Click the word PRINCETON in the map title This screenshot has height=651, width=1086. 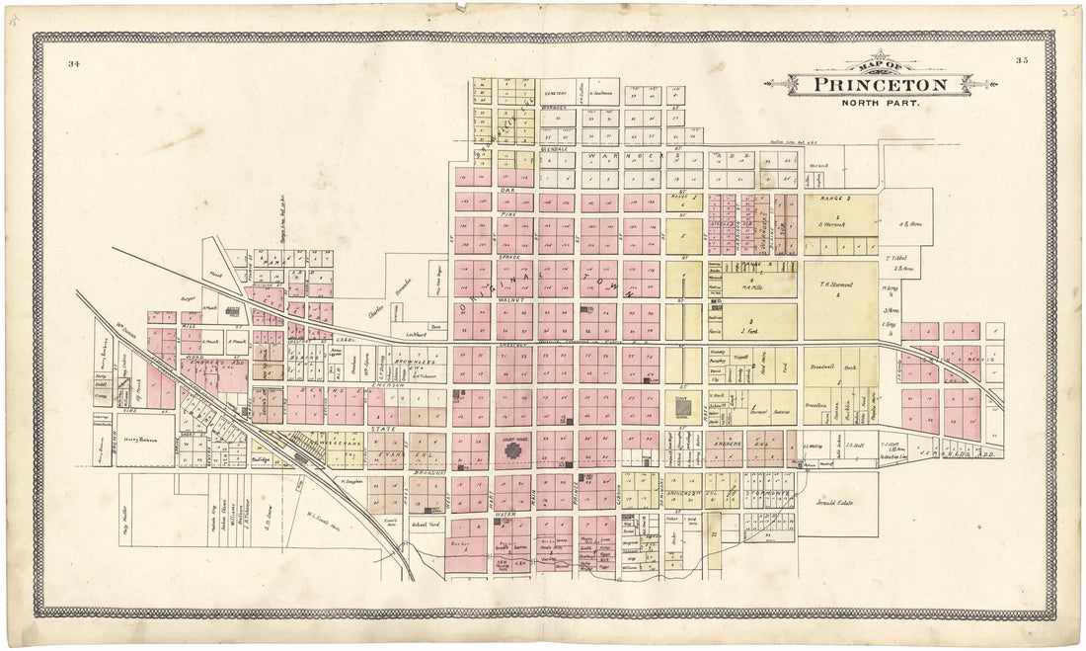click(x=880, y=85)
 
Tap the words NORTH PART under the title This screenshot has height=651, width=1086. click(x=880, y=103)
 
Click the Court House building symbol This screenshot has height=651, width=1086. click(x=514, y=450)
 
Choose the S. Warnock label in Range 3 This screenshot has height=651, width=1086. click(x=838, y=224)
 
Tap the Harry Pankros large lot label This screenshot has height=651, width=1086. click(x=146, y=440)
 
